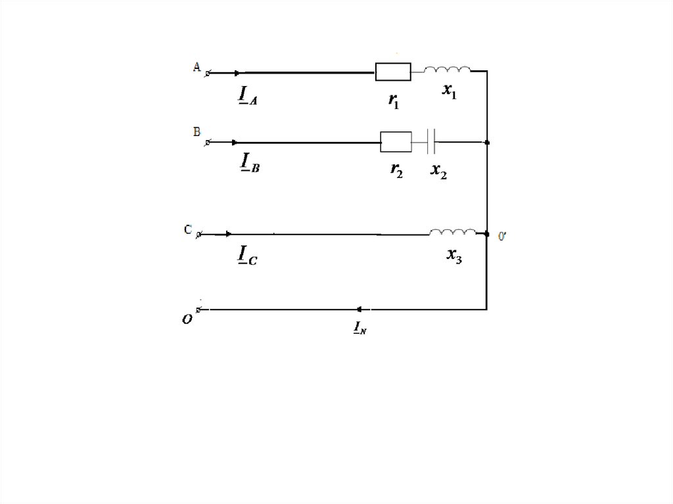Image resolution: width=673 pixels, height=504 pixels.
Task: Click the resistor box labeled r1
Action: point(393,72)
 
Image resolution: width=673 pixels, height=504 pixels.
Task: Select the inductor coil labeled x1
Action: point(447,69)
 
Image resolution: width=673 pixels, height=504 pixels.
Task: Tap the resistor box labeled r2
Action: point(396,141)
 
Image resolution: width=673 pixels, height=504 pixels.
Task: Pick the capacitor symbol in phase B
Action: point(431,141)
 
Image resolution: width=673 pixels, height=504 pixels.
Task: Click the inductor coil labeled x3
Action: point(452,232)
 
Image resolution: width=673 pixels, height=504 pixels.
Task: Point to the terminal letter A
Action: point(196,66)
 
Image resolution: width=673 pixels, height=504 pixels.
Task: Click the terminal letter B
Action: point(196,131)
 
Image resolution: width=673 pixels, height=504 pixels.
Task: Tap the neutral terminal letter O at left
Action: point(187,319)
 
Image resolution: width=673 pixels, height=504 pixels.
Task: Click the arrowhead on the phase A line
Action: point(238,72)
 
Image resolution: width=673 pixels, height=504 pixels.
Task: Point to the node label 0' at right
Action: point(502,237)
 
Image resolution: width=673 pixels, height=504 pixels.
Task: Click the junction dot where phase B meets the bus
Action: point(486,142)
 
